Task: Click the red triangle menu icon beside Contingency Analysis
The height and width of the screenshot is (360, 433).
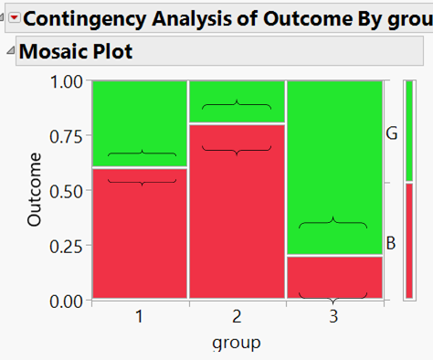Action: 14,17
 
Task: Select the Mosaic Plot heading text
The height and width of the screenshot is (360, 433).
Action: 76,52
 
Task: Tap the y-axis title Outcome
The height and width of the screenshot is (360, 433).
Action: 36,190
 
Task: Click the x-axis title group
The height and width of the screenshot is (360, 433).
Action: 237,343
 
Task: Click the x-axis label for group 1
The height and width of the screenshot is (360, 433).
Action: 140,316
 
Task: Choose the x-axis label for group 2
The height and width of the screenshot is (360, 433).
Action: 237,316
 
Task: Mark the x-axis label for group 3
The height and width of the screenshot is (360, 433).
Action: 333,316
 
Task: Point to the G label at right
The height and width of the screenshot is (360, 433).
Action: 391,133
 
